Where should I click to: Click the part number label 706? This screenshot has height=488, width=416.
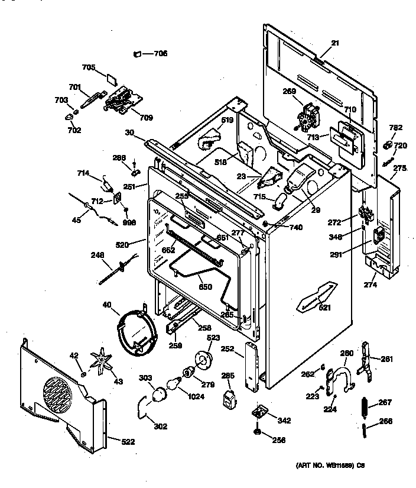point(161,53)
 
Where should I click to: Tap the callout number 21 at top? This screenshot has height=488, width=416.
point(335,42)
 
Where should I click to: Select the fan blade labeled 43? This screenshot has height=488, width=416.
point(102,363)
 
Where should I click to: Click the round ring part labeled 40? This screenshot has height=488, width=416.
point(136,334)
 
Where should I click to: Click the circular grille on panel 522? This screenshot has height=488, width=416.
point(58,395)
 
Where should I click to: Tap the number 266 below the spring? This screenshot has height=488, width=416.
point(385,422)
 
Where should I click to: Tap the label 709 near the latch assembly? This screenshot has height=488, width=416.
point(146,118)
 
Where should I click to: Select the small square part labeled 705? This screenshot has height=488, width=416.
point(112,78)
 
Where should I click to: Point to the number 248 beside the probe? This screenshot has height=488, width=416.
point(97,256)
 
